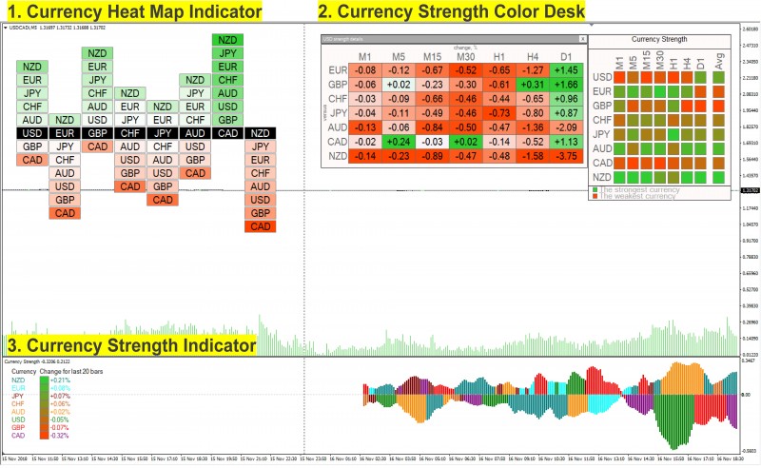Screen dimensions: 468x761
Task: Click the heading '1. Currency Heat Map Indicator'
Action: pos(133,12)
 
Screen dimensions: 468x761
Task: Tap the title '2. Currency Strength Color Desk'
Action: pos(451,12)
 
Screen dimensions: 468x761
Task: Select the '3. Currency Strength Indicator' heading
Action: pos(130,345)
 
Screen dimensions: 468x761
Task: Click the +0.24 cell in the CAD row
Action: pos(398,142)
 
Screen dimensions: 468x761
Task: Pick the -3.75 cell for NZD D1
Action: pos(567,156)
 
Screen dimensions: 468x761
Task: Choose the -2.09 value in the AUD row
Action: pos(567,127)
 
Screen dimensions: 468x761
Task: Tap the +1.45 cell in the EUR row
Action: pos(567,69)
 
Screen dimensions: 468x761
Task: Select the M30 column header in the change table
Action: pos(465,56)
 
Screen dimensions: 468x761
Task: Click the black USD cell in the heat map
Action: pos(32,133)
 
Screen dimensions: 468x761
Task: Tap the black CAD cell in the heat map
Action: pos(228,133)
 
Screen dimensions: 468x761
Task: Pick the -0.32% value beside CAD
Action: pos(60,435)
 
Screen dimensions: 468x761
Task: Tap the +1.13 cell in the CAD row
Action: pos(567,142)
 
